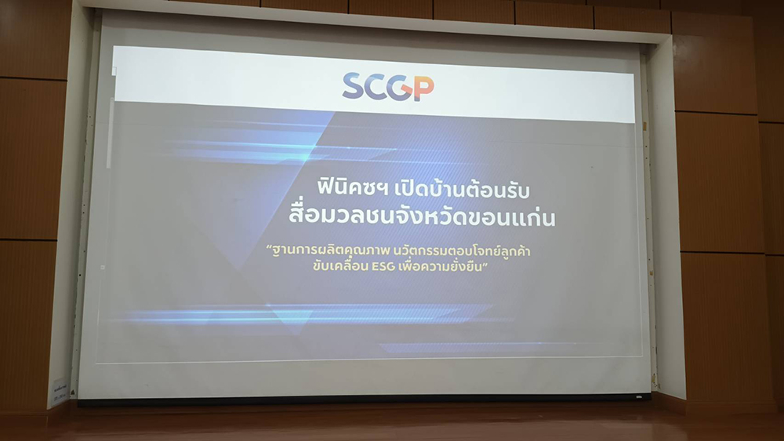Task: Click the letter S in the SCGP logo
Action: pyautogui.click(x=354, y=85)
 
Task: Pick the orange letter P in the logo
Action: pyautogui.click(x=424, y=89)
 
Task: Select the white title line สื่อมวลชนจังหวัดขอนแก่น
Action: pyautogui.click(x=422, y=216)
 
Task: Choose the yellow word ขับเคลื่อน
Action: pyautogui.click(x=340, y=266)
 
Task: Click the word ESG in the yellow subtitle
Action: pyautogui.click(x=383, y=266)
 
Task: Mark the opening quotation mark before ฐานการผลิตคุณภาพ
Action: pyautogui.click(x=268, y=247)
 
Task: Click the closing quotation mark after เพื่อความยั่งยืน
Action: pyautogui.click(x=485, y=263)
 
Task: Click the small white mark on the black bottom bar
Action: pyautogui.click(x=639, y=397)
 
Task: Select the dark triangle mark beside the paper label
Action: pyautogui.click(x=73, y=393)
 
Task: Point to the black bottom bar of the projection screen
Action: pyautogui.click(x=364, y=399)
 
